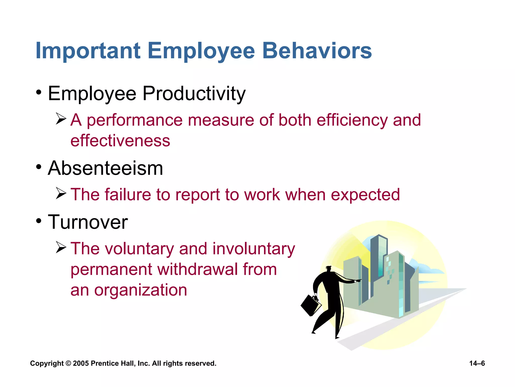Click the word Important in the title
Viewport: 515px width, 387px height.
[x=88, y=51]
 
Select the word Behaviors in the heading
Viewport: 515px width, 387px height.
[x=317, y=51]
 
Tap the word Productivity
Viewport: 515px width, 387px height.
[x=194, y=94]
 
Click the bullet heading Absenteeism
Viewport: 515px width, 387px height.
[x=105, y=168]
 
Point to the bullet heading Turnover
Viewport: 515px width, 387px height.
[x=88, y=222]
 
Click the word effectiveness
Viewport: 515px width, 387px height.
[x=120, y=141]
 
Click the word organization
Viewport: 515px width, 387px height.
[x=141, y=290]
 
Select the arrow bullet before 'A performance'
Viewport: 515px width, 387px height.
[x=61, y=119]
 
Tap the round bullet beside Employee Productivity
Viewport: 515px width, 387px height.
[x=38, y=92]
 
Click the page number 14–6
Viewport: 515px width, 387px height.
[x=477, y=363]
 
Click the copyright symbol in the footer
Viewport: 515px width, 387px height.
[x=68, y=363]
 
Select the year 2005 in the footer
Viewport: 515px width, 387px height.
[x=81, y=363]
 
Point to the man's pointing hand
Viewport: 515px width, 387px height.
[x=358, y=280]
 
